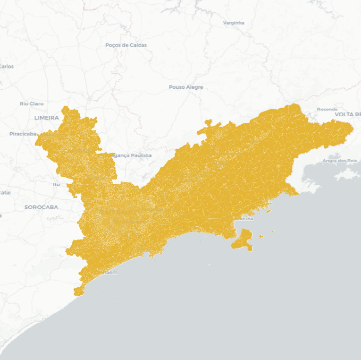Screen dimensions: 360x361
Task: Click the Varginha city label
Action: (234, 23)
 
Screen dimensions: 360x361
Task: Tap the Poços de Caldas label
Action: (126, 45)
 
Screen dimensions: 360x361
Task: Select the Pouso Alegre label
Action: (186, 87)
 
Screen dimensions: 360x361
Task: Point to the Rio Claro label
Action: (31, 103)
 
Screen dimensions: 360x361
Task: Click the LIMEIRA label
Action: (46, 118)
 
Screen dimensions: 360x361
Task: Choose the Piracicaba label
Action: (23, 134)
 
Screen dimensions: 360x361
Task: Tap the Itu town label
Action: (56, 184)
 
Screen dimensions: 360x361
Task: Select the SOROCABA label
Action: (41, 207)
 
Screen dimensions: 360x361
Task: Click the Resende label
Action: (327, 109)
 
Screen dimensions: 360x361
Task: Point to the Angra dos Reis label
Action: (339, 161)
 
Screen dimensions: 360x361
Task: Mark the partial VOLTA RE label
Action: (347, 115)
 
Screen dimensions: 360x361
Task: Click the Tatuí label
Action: (5, 192)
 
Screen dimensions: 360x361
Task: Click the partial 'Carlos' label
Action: (7, 67)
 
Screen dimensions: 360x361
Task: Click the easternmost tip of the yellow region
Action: (353, 128)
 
